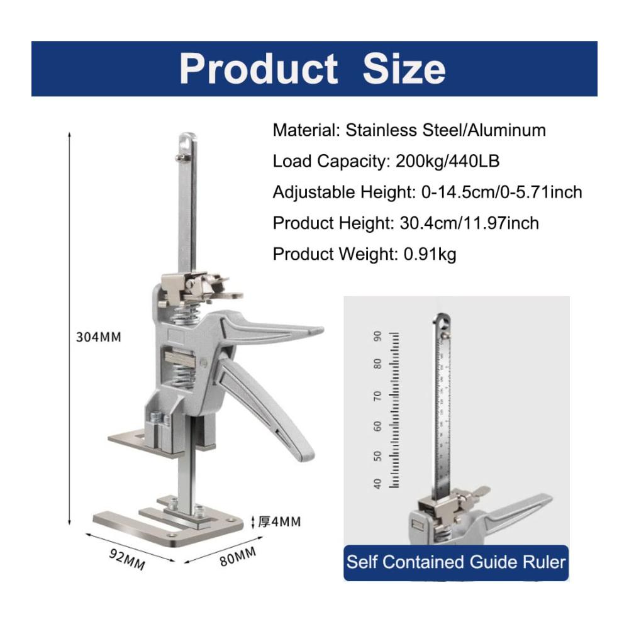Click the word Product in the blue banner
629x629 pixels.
point(258,69)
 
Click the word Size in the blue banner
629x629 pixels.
point(404,69)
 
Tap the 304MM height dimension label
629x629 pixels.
point(99,337)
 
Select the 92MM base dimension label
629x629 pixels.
point(127,559)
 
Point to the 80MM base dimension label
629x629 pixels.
point(238,557)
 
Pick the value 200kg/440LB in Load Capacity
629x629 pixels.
point(447,161)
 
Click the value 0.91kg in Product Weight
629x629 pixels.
point(430,254)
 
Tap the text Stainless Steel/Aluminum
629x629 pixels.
point(446,130)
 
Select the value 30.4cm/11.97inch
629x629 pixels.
point(469,223)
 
